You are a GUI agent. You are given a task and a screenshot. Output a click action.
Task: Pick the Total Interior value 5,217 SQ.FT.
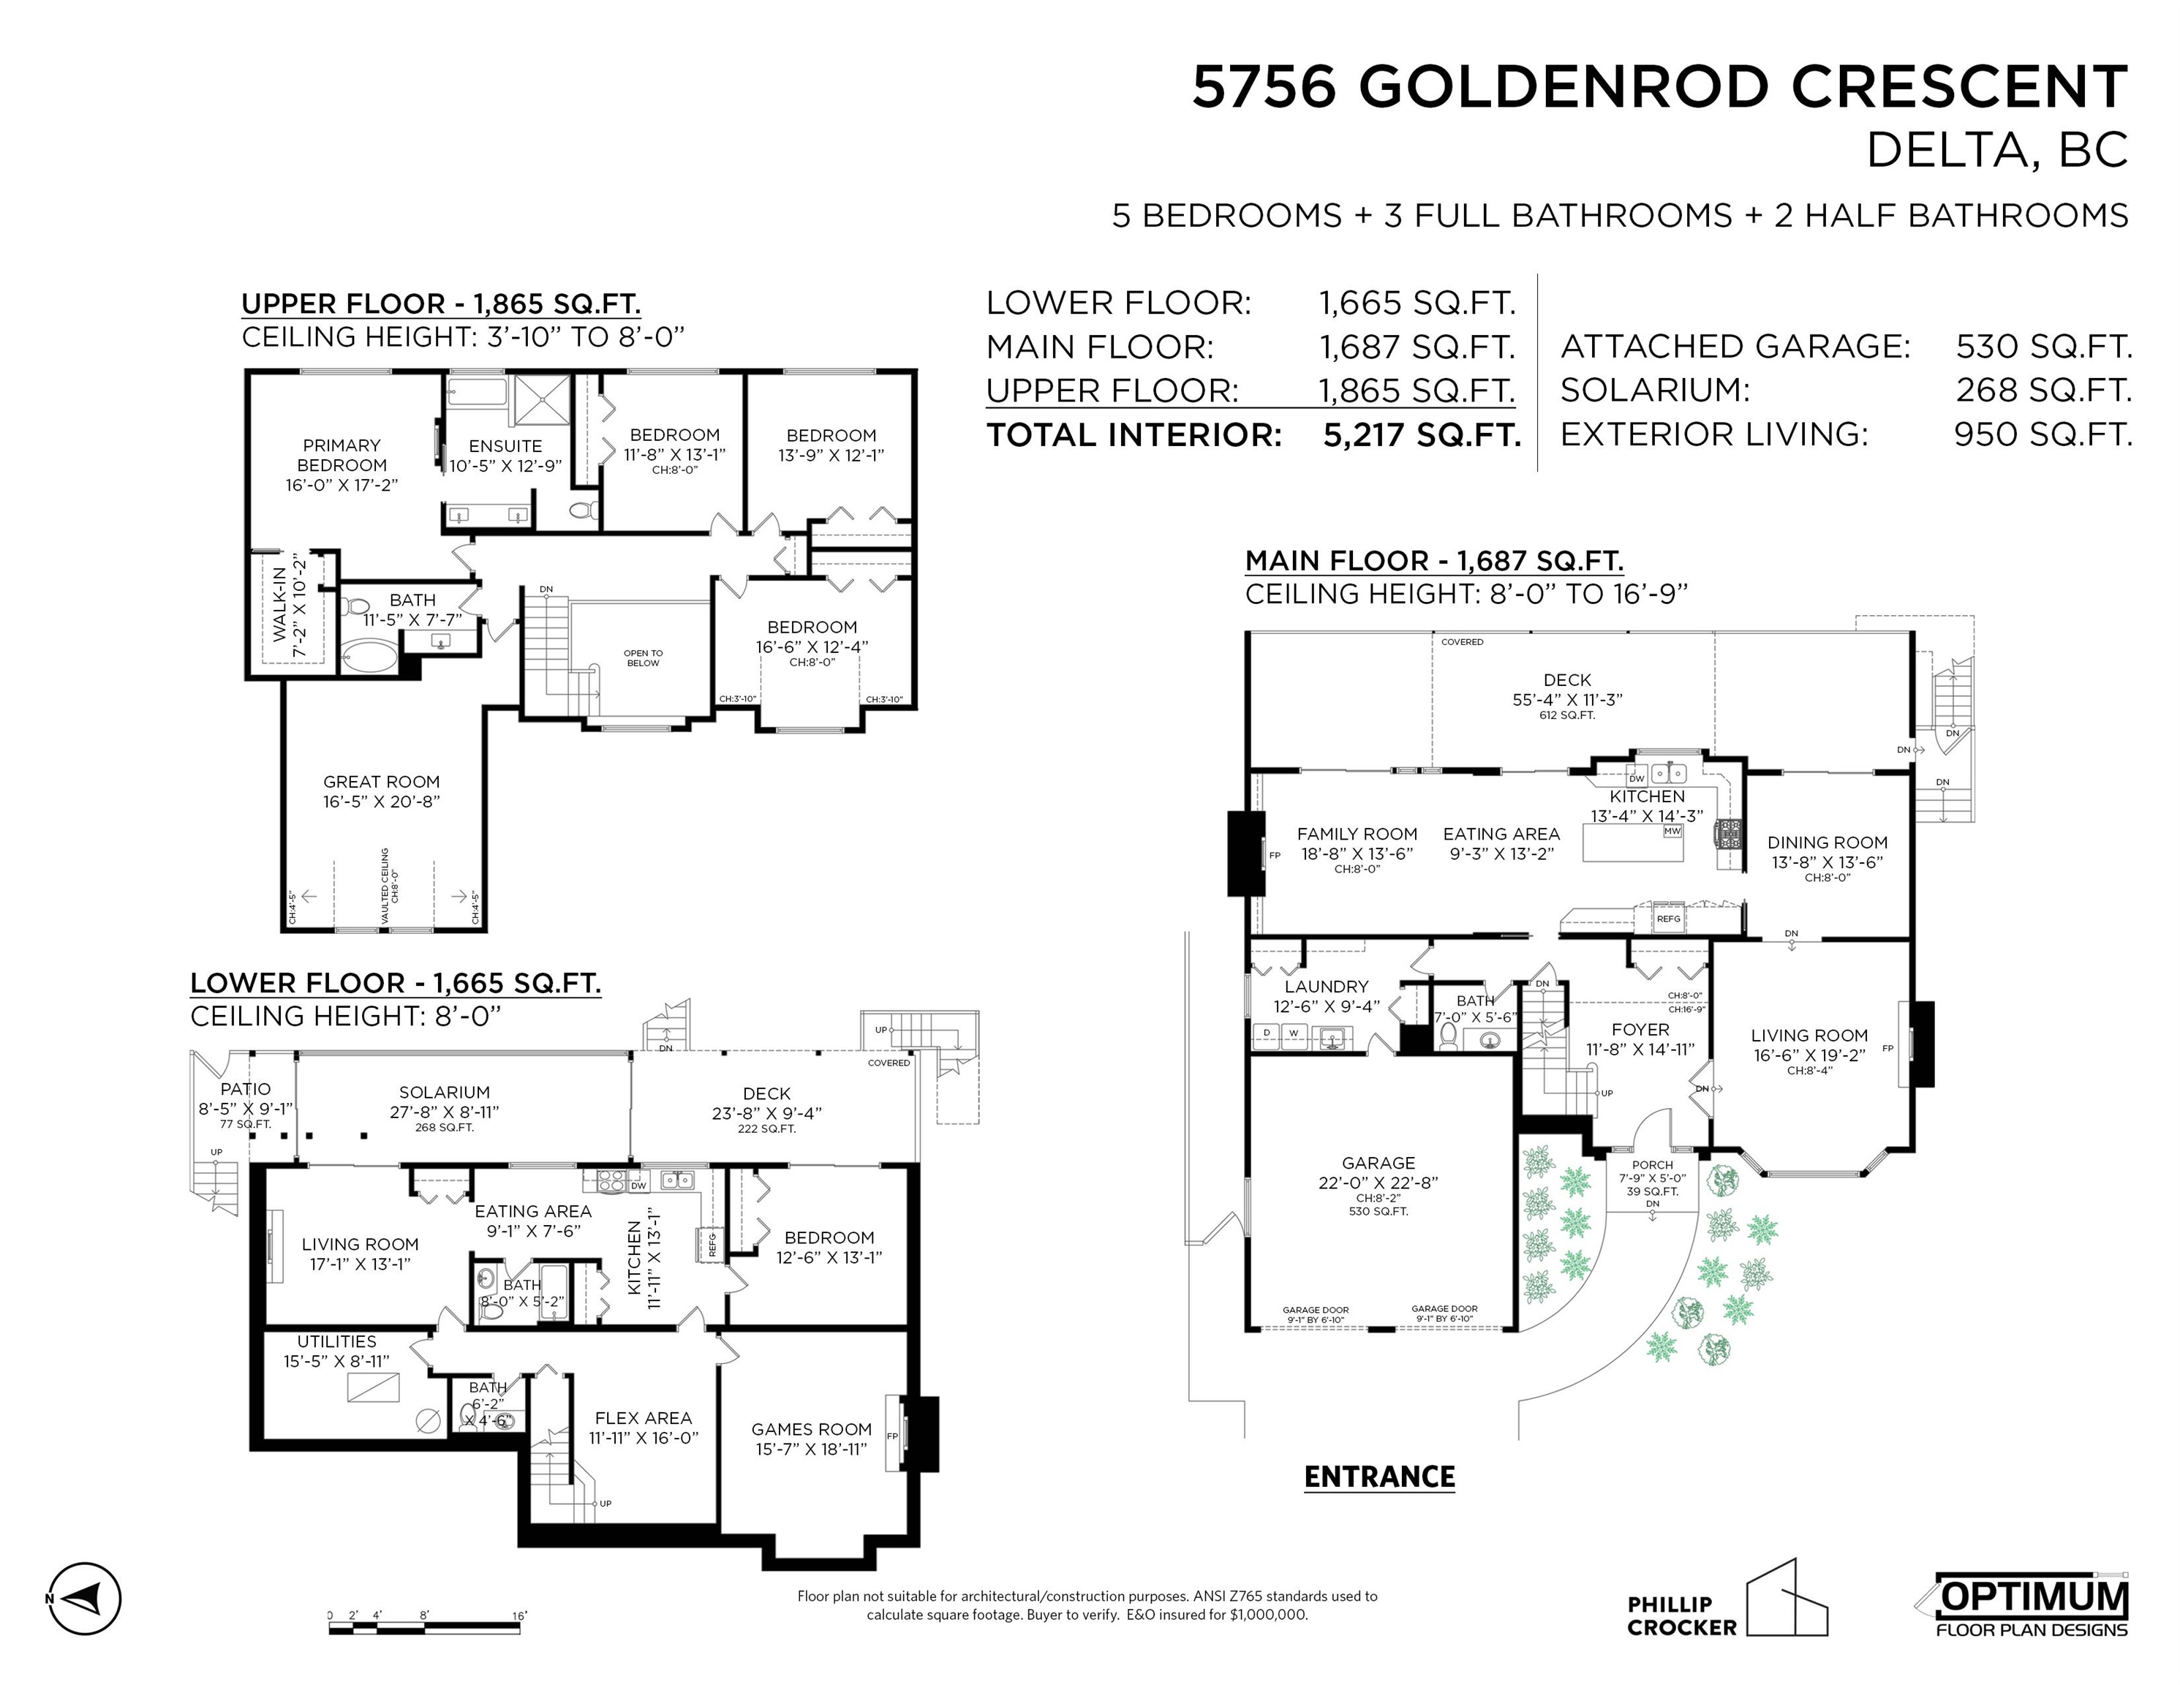[1422, 434]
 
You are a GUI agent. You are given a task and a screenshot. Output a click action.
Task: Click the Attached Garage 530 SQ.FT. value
[2043, 347]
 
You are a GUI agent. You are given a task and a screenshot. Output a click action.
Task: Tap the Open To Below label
[643, 657]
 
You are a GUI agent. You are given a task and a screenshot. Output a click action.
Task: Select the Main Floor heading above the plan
[1433, 561]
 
